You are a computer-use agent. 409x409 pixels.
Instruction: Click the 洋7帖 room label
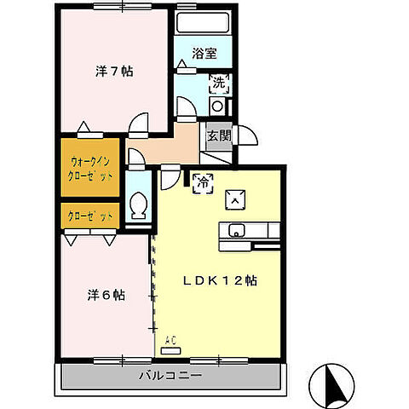click(x=112, y=72)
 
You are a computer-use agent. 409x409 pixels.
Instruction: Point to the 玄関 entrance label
click(x=217, y=135)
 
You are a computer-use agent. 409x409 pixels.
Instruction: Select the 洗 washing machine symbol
click(x=218, y=84)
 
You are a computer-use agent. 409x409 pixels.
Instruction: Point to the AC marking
click(x=170, y=341)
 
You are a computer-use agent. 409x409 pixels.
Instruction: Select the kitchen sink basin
click(x=237, y=229)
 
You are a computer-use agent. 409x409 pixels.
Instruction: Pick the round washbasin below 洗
click(x=216, y=106)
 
